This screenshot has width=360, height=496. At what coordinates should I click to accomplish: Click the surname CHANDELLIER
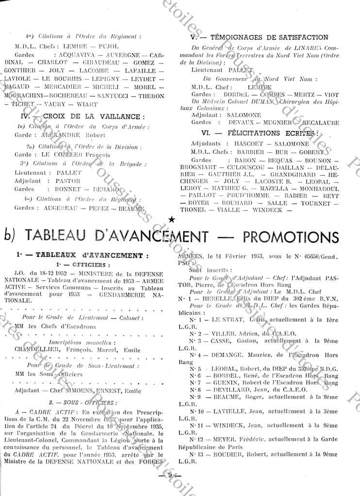click(36, 349)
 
